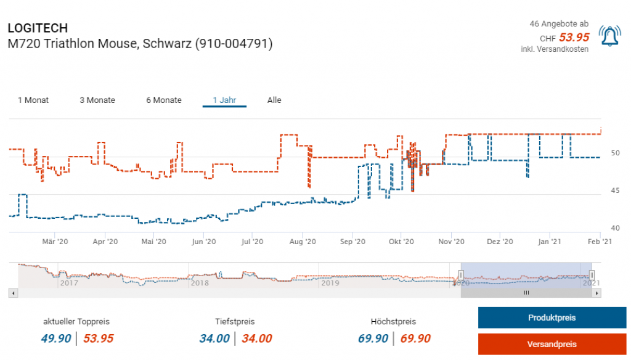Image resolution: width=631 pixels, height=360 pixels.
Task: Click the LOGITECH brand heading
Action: [x=38, y=28]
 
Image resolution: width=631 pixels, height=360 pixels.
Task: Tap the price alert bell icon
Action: [x=609, y=37]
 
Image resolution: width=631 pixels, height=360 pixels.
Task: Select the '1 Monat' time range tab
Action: [x=33, y=100]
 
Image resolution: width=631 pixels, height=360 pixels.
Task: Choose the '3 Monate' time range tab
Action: [x=97, y=100]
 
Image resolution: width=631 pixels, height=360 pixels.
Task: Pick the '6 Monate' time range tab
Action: [x=164, y=100]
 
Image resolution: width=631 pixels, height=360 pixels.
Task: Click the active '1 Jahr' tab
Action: [x=224, y=100]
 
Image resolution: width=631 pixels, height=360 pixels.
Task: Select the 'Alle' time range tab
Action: [x=274, y=100]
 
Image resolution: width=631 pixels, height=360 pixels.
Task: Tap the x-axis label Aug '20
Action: [x=303, y=242]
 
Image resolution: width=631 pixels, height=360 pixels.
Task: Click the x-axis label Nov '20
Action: [x=452, y=242]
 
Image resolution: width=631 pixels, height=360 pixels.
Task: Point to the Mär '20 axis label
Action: [x=55, y=242]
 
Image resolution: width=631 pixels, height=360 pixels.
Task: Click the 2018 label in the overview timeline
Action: [x=199, y=284]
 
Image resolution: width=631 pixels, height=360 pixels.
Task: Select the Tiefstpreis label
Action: [x=235, y=322]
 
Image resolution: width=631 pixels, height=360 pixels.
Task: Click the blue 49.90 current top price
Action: [x=56, y=338]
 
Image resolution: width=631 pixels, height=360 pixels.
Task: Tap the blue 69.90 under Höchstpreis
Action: [x=373, y=338]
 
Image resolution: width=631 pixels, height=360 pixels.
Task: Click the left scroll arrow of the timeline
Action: [x=13, y=293]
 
